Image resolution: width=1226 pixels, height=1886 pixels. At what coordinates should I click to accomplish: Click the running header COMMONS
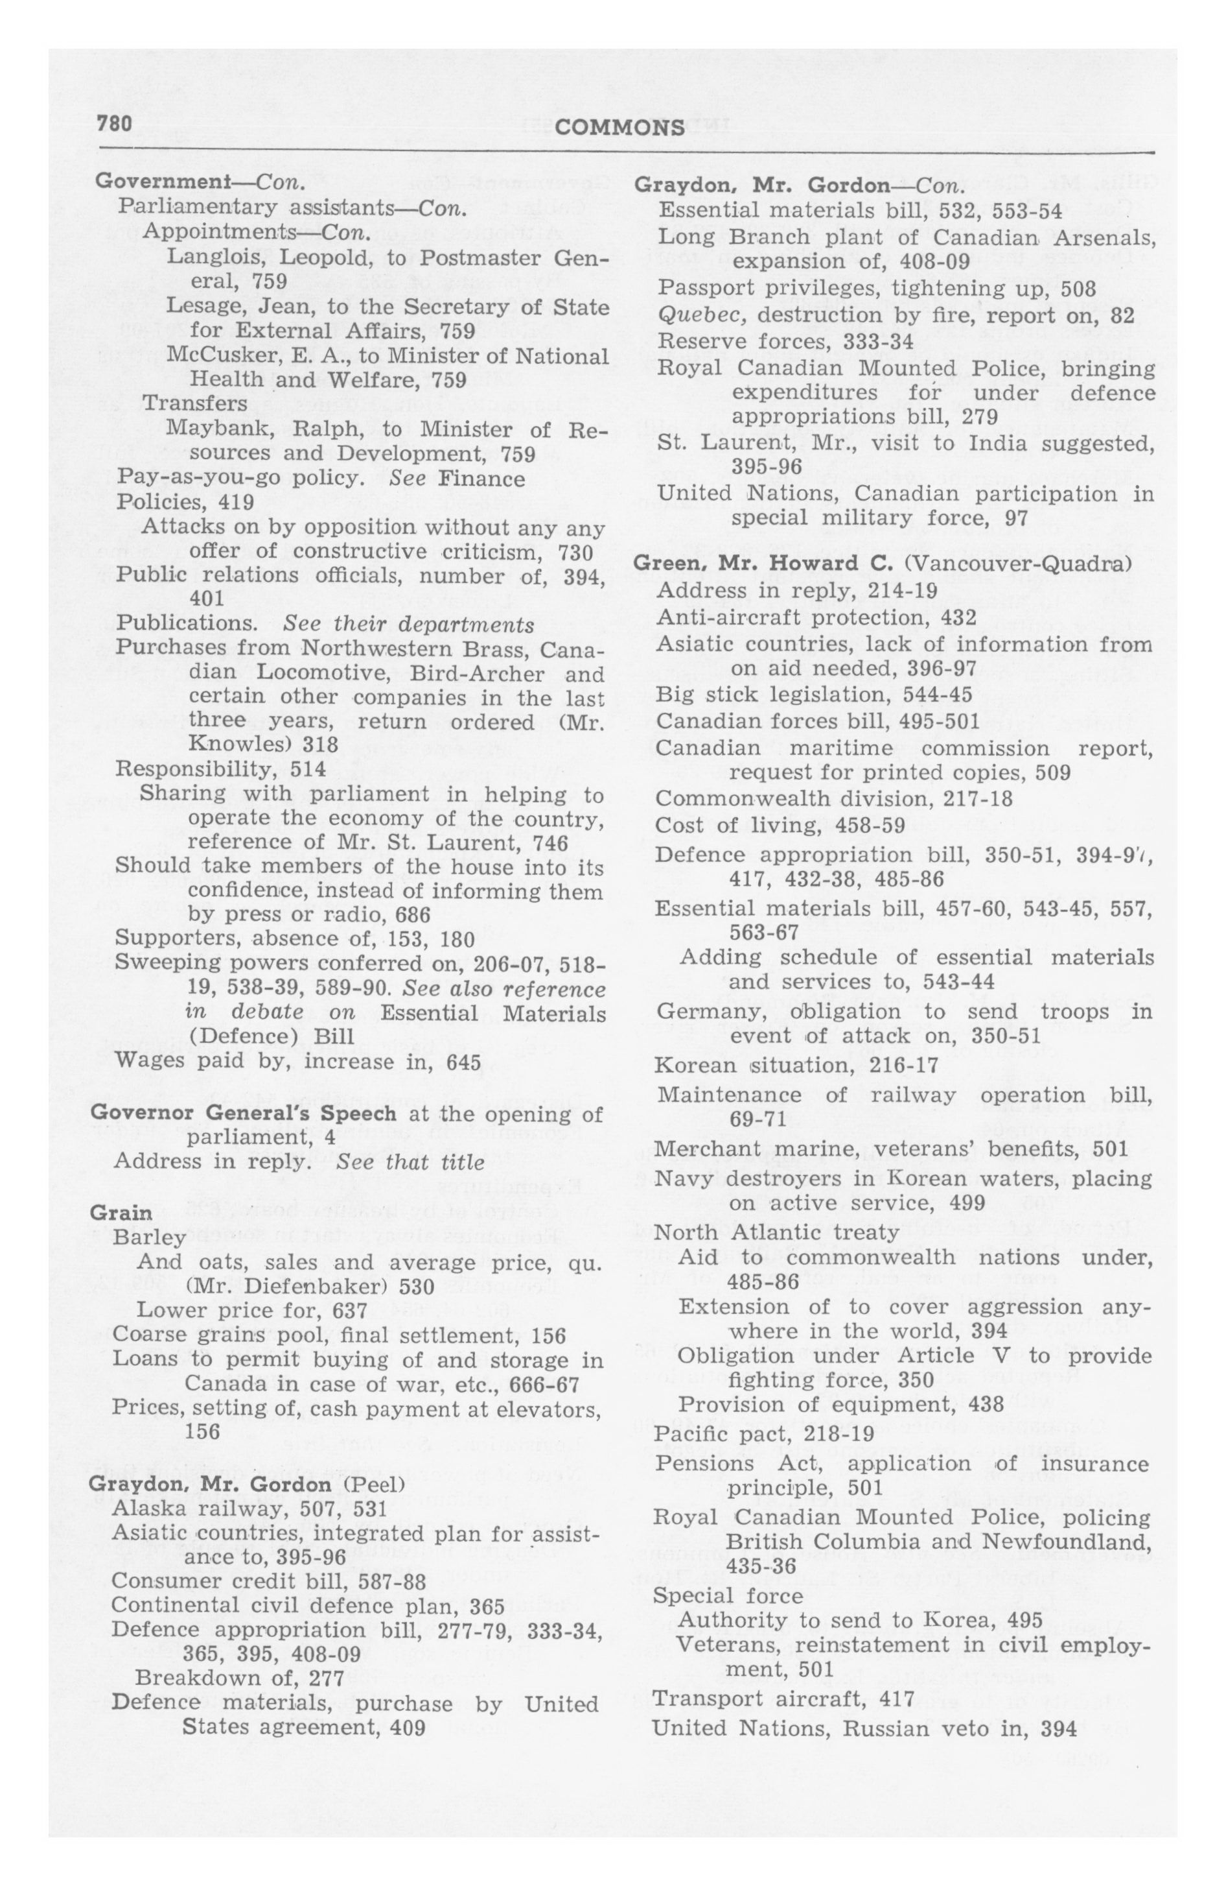tap(620, 128)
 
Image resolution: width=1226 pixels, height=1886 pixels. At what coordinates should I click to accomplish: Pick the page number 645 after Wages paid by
tap(464, 1062)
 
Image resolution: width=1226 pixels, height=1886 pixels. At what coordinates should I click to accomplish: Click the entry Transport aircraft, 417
tap(783, 1698)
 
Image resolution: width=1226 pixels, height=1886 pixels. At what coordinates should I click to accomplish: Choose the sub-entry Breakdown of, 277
tap(239, 1678)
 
